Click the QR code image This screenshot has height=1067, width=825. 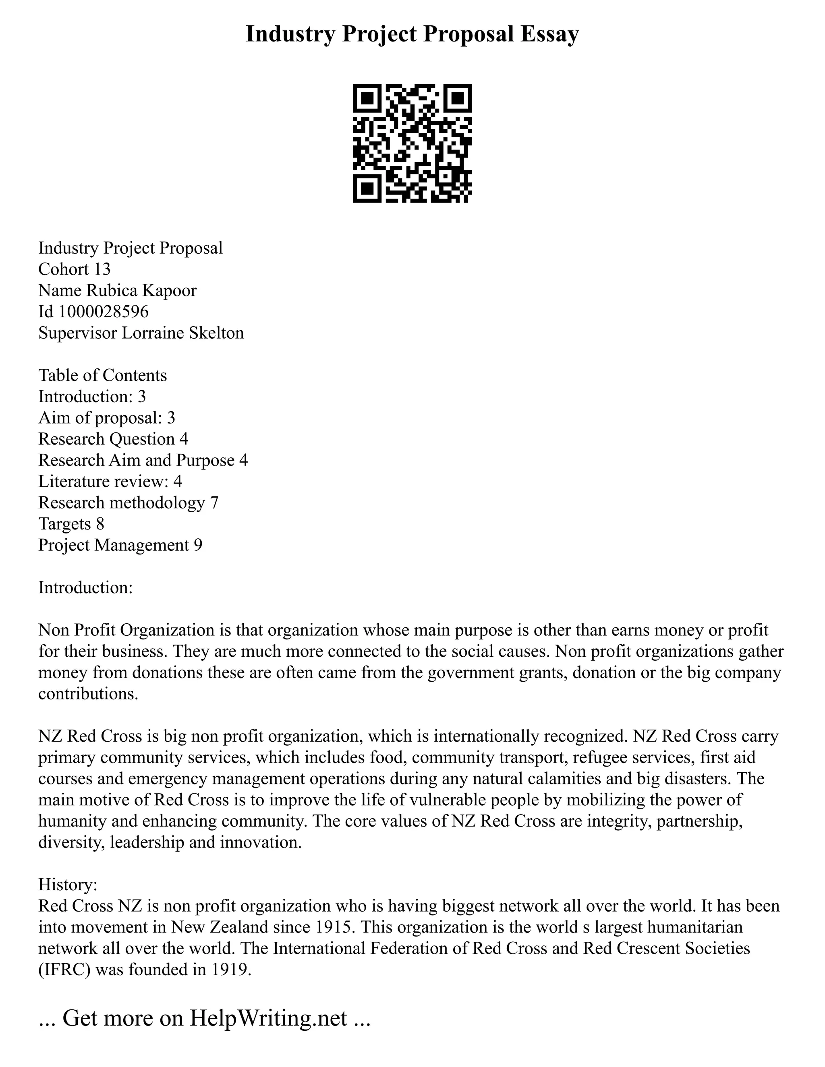tap(412, 143)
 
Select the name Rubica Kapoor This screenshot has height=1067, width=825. tap(141, 290)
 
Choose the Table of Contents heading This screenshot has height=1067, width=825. tap(103, 375)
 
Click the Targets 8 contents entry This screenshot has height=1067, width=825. tap(71, 524)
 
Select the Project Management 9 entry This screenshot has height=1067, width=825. tap(120, 545)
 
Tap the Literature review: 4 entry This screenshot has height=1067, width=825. tap(110, 481)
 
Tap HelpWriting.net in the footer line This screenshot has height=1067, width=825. tap(268, 1017)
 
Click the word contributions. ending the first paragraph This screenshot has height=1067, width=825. tap(88, 694)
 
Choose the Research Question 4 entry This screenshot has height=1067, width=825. tap(113, 439)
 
